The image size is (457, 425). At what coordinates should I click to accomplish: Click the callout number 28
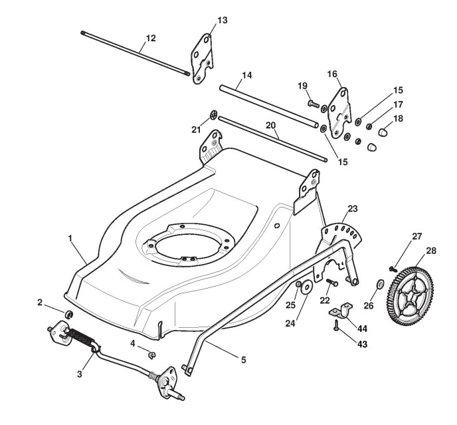pyautogui.click(x=431, y=251)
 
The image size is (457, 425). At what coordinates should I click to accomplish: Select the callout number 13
pyautogui.click(x=222, y=20)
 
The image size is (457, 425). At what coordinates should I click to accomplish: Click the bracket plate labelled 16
pyautogui.click(x=341, y=108)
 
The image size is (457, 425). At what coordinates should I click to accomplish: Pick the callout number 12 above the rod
pyautogui.click(x=151, y=38)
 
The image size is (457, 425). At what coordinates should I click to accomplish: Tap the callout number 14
pyautogui.click(x=246, y=76)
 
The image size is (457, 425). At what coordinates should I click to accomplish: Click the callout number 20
pyautogui.click(x=270, y=126)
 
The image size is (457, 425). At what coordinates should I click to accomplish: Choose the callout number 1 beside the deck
pyautogui.click(x=70, y=237)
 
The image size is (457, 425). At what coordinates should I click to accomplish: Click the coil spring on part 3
pyautogui.click(x=80, y=337)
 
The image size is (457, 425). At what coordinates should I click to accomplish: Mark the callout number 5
pyautogui.click(x=243, y=360)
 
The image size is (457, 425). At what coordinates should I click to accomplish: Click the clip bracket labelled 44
pyautogui.click(x=343, y=309)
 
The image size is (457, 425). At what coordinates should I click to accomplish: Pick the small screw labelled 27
pyautogui.click(x=393, y=267)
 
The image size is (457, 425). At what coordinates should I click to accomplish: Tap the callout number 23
pyautogui.click(x=352, y=208)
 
